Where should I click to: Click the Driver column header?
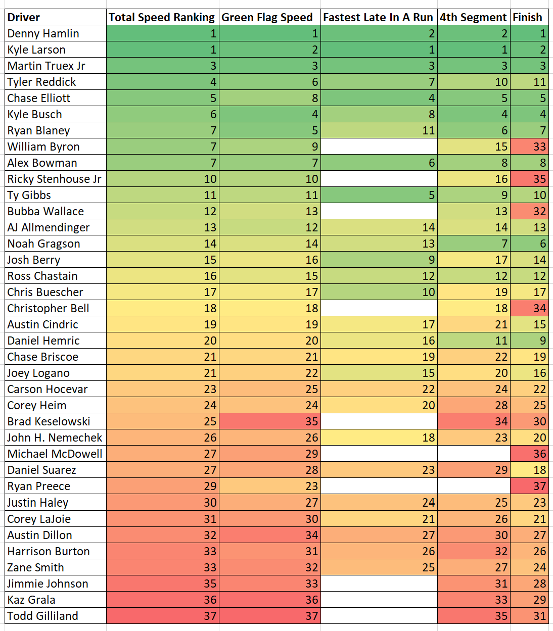tap(24, 17)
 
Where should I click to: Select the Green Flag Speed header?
tap(267, 17)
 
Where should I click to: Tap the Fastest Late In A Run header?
tap(378, 17)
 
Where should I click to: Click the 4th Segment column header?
tap(473, 17)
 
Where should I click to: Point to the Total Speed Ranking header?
tap(161, 17)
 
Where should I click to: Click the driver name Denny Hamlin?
tap(43, 33)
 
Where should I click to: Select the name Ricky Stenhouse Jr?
tap(54, 179)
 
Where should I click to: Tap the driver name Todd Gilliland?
tap(42, 616)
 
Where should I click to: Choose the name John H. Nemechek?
tap(55, 438)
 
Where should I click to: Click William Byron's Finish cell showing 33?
tap(529, 147)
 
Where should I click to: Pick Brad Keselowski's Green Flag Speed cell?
tap(270, 421)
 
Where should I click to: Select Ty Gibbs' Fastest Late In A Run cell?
tap(379, 195)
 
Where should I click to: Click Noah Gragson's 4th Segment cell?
tap(474, 244)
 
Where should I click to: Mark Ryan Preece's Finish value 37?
tap(529, 486)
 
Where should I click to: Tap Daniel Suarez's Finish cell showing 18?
tap(529, 470)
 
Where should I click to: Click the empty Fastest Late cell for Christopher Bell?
tap(379, 308)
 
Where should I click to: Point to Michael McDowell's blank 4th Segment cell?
tap(474, 454)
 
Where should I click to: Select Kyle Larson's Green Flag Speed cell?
tap(270, 50)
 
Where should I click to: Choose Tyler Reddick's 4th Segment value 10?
tap(474, 82)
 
